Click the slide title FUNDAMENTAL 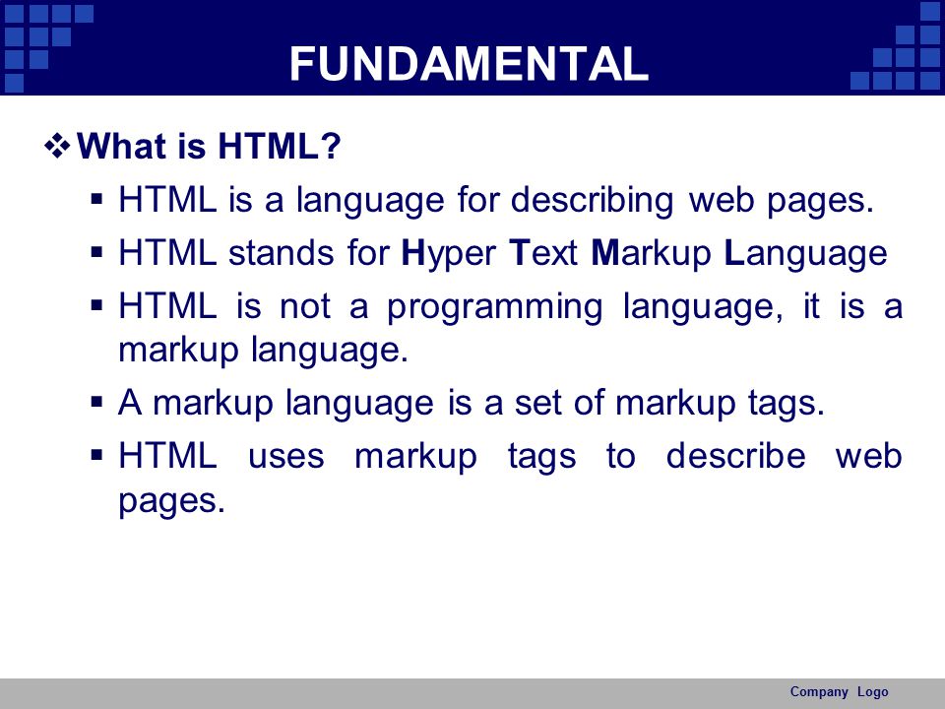click(469, 63)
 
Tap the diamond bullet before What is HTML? click(57, 146)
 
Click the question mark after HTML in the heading click(331, 146)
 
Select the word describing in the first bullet click(592, 200)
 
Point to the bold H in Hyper click(414, 253)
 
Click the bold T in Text click(519, 253)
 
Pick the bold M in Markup click(605, 253)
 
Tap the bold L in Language click(733, 253)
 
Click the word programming click(494, 307)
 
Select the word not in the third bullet click(305, 306)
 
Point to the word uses click(286, 456)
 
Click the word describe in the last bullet click(736, 455)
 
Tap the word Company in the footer click(818, 691)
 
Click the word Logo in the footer click(873, 692)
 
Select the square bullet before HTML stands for click(97, 251)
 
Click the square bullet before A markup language click(97, 402)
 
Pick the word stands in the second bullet click(282, 253)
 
